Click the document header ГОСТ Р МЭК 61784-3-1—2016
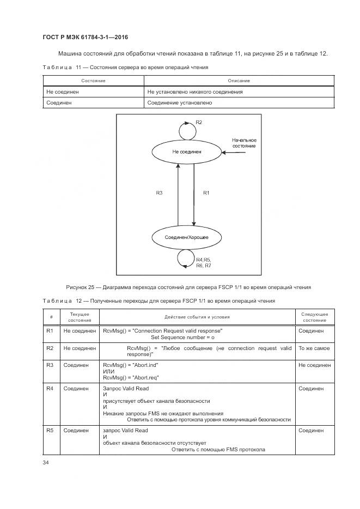(85, 37)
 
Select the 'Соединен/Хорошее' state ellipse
(186, 237)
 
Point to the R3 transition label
(159, 193)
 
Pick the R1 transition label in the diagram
(206, 193)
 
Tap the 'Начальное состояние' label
(243, 143)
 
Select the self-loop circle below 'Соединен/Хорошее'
(186, 258)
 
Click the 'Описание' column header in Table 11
(239, 81)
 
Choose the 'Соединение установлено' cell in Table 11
(179, 102)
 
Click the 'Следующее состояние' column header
(314, 317)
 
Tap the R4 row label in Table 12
(50, 389)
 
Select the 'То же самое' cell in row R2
(314, 348)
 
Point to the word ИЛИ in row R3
(108, 372)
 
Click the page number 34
(46, 463)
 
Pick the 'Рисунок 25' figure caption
(188, 287)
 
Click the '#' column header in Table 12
(51, 317)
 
